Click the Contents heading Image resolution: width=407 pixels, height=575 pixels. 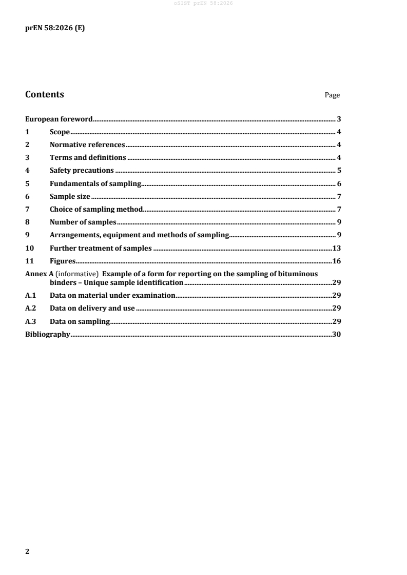click(45, 94)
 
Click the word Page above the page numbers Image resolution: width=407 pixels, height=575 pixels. click(332, 95)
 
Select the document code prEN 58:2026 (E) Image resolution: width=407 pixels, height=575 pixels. click(55, 29)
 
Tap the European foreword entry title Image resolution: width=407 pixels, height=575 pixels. click(59, 119)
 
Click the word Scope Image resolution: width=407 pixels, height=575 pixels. click(60, 132)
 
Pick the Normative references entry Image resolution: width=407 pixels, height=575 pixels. click(87, 145)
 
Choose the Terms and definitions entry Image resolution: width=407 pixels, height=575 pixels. click(88, 158)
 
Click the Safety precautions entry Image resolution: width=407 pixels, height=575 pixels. click(82, 171)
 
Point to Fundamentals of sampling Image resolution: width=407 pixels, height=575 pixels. click(95, 183)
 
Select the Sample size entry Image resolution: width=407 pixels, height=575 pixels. click(70, 196)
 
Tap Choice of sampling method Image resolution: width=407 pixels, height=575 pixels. click(95, 209)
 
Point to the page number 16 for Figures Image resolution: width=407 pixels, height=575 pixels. click(337, 261)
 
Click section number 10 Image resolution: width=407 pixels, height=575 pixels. click(29, 248)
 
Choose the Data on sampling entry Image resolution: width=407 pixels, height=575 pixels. click(80, 321)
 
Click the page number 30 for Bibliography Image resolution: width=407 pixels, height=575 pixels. click(337, 334)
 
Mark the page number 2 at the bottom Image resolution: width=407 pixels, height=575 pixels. click(28, 551)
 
